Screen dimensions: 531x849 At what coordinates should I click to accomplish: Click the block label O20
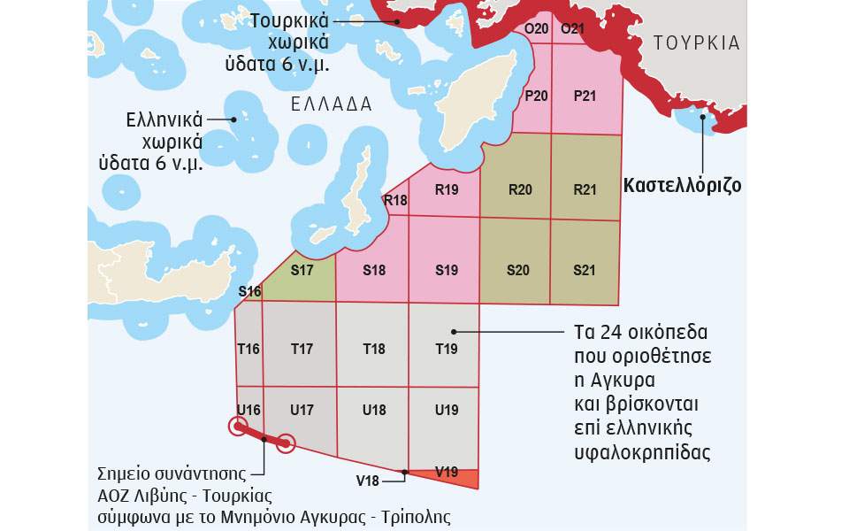coord(537,28)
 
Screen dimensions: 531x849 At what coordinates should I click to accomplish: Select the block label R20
coord(520,189)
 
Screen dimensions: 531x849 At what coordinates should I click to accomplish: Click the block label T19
coord(447,349)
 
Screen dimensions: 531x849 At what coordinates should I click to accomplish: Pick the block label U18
coord(374,410)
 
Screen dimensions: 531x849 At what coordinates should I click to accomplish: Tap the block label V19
coord(447,471)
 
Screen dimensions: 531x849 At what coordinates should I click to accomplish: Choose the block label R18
coord(395,200)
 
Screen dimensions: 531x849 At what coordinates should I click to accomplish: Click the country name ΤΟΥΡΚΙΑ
coord(696,43)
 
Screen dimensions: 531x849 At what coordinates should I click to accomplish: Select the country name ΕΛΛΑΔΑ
coord(332,104)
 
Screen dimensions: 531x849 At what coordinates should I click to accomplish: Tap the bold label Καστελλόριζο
coord(682,186)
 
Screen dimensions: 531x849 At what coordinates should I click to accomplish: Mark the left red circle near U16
coord(237,428)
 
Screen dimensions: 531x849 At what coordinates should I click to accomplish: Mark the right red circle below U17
coord(285,443)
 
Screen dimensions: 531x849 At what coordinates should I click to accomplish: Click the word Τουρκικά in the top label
coord(290,20)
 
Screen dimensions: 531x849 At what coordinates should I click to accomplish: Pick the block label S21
coord(584,270)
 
